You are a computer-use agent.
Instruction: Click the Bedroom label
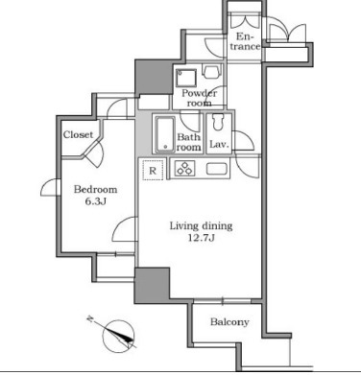click(x=95, y=189)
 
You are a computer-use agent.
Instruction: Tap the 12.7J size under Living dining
click(x=202, y=238)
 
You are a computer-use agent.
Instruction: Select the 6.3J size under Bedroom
click(x=96, y=201)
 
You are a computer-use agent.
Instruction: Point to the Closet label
click(x=78, y=134)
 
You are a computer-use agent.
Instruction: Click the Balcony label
click(x=229, y=322)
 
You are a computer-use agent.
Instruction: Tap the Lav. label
click(x=219, y=144)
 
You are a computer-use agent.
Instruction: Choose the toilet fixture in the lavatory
click(x=218, y=123)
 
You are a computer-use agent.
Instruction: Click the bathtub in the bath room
click(x=165, y=134)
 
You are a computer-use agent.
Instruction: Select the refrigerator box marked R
click(x=153, y=170)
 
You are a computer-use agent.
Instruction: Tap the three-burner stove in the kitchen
click(x=184, y=169)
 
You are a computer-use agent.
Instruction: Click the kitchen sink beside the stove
click(x=217, y=169)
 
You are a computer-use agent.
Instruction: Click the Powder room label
click(x=199, y=98)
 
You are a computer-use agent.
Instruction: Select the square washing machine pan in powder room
click(x=186, y=78)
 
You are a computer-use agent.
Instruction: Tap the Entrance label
click(x=245, y=41)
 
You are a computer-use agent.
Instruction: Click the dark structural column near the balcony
click(x=152, y=285)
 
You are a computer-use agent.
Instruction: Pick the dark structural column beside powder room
click(x=154, y=78)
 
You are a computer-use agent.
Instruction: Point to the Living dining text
click(x=201, y=226)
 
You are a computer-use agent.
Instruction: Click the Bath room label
click(x=189, y=142)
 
